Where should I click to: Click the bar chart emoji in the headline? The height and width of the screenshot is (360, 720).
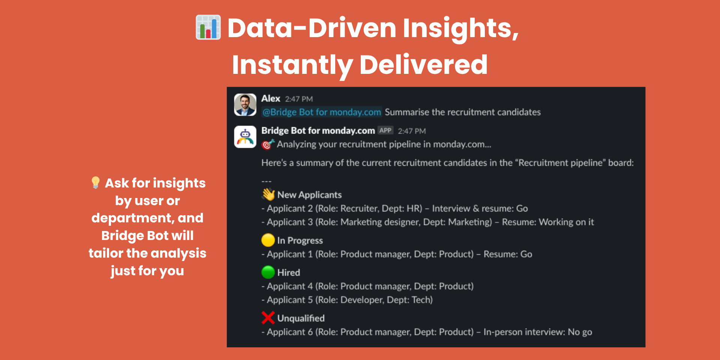208,27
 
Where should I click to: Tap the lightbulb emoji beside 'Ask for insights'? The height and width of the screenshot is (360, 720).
96,183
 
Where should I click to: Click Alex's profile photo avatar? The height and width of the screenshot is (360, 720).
245,105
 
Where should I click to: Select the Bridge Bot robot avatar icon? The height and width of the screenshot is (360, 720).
245,137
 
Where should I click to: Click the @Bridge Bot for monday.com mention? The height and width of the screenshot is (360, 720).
322,112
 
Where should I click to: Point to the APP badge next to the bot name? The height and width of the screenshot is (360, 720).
385,130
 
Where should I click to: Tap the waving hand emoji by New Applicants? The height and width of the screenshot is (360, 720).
268,194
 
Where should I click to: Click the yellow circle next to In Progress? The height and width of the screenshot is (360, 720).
268,240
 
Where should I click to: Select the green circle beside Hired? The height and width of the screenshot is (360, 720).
268,272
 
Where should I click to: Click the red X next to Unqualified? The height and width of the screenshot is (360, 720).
268,318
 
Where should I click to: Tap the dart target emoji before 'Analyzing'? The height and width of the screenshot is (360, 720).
268,144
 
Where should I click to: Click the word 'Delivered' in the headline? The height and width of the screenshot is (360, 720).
423,64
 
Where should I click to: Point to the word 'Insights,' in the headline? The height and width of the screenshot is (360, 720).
461,28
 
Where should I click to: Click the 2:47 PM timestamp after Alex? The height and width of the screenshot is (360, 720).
299,99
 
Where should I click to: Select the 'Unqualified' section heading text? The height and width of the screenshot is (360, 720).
301,318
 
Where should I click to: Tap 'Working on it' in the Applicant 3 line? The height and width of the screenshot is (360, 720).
566,222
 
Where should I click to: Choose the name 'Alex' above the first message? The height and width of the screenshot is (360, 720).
271,99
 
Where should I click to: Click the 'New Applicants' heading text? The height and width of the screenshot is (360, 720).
310,195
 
